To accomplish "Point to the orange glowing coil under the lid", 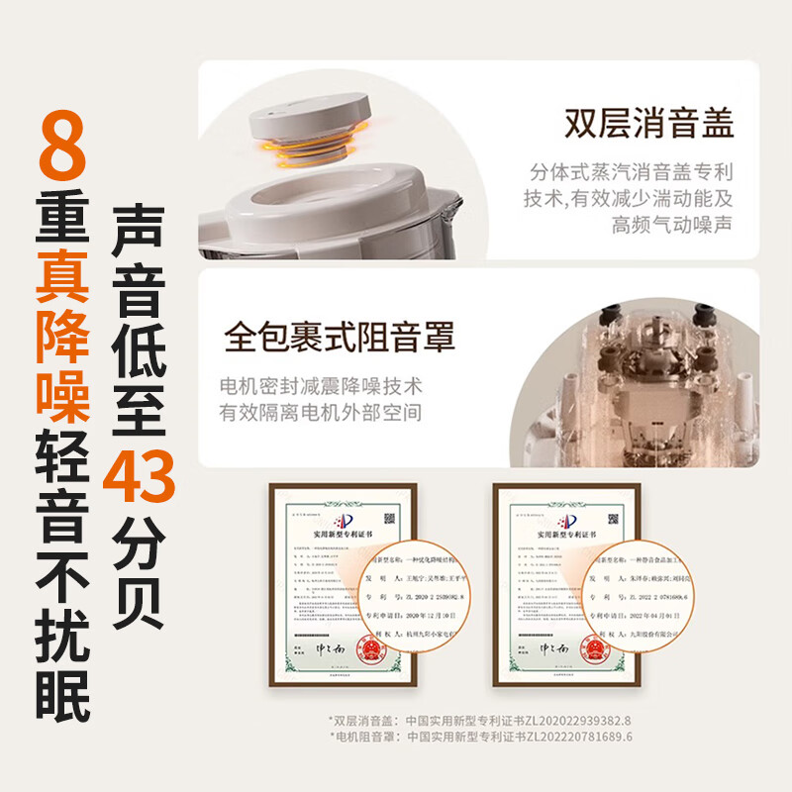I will (311, 148).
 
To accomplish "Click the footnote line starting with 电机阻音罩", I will (479, 738).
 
